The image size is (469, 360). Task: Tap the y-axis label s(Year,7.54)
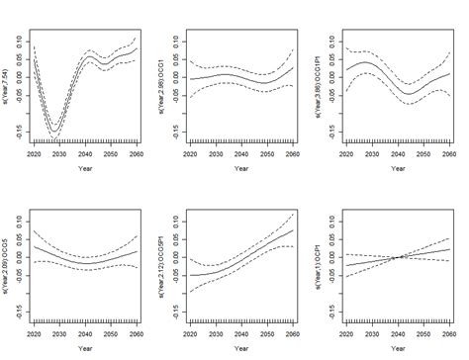point(7,88)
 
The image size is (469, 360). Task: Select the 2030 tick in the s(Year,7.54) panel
point(56,156)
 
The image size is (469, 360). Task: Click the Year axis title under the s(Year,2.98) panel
point(241,170)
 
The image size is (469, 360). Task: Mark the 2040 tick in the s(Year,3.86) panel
point(402,156)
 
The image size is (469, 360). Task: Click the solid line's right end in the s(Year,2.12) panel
point(295,229)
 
